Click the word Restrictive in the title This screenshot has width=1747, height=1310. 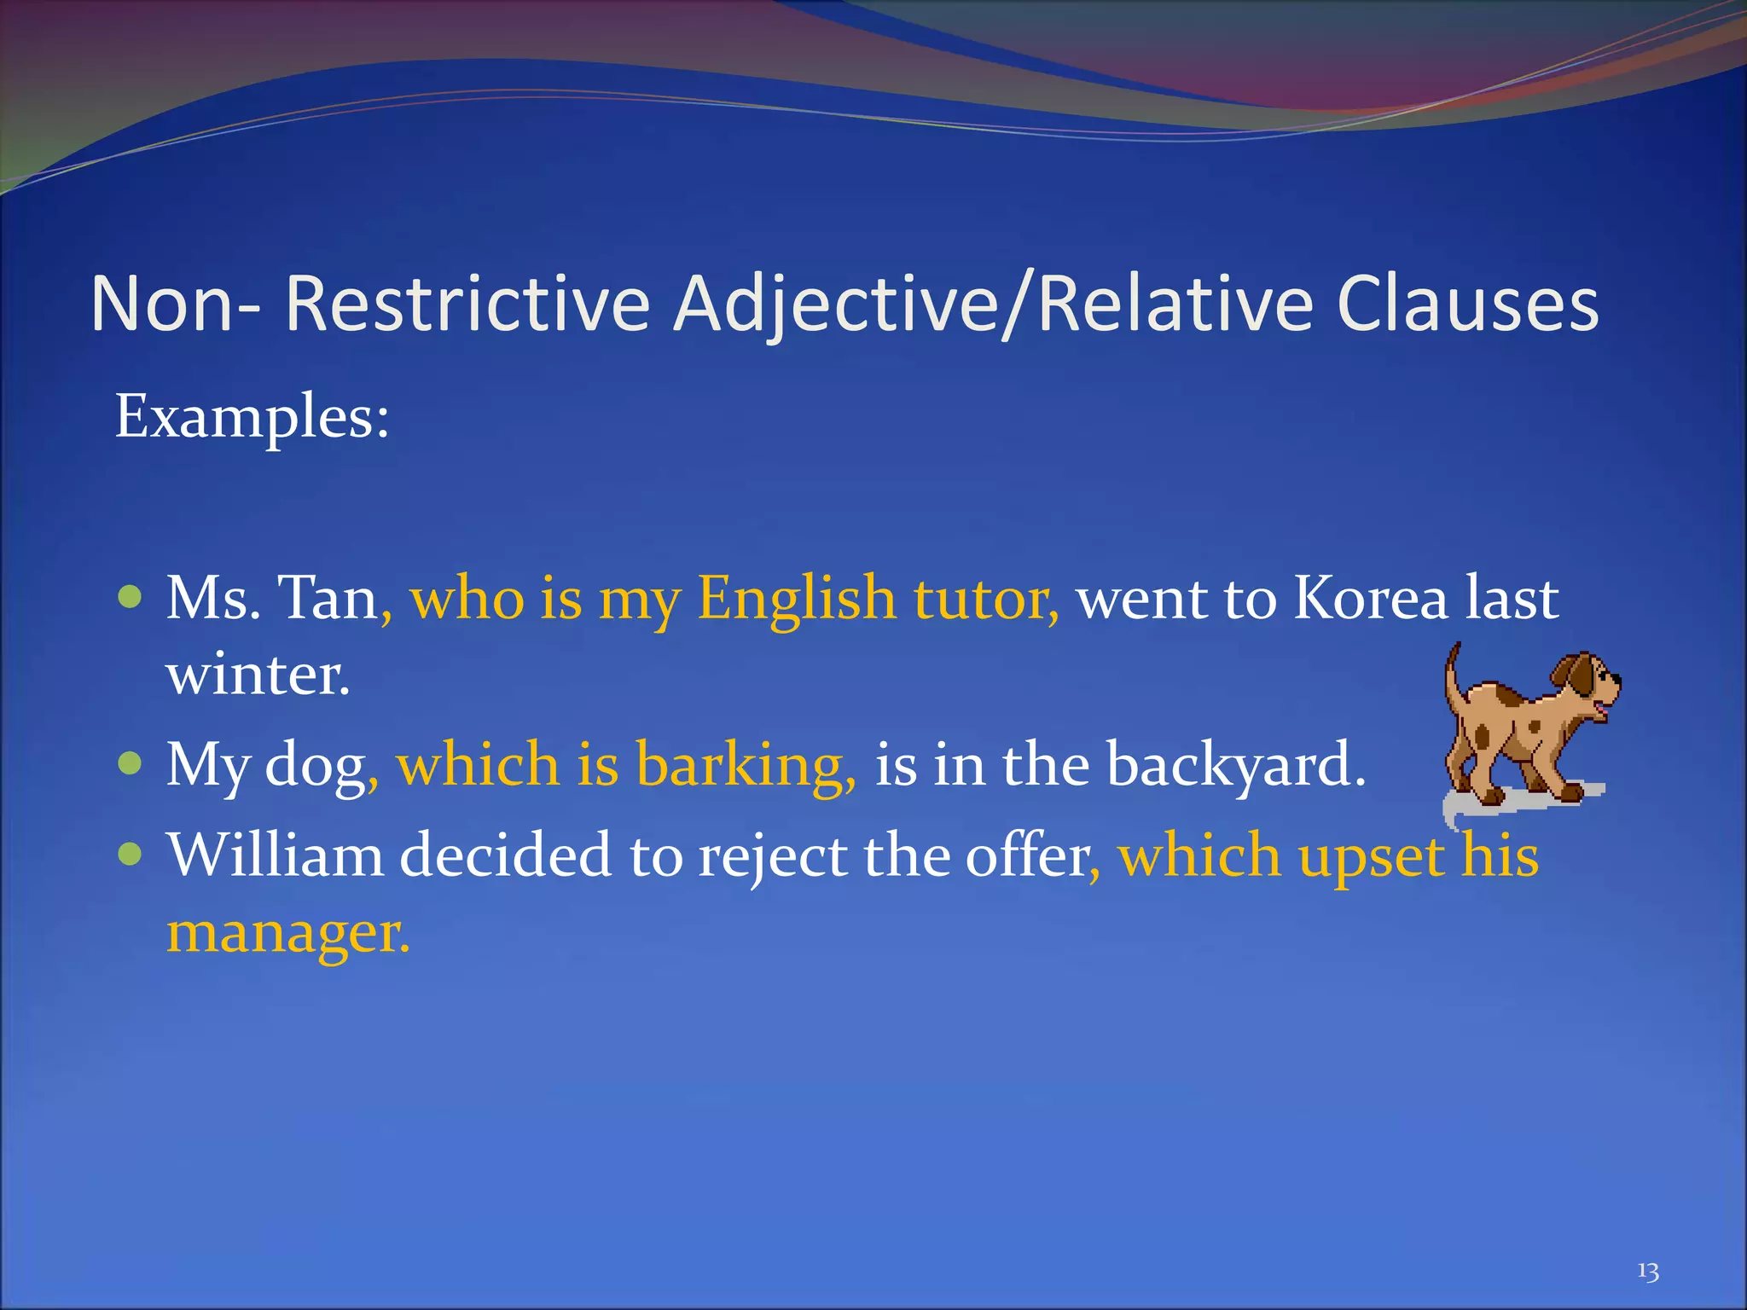click(467, 304)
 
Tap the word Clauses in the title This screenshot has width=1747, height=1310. click(1467, 304)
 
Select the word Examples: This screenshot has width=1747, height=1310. click(252, 417)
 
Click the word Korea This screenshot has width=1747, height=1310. click(1370, 598)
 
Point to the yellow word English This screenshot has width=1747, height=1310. click(796, 598)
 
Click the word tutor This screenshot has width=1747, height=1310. click(985, 598)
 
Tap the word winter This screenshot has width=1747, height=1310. click(258, 675)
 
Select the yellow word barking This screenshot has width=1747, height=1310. click(745, 764)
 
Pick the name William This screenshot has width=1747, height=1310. click(275, 855)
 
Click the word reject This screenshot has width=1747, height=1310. click(772, 855)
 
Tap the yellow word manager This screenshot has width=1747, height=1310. click(287, 932)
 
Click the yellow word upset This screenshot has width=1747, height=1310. click(1371, 855)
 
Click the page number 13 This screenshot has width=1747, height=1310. click(1647, 1272)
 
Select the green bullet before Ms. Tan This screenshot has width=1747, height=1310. click(130, 596)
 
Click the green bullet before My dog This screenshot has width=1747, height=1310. click(130, 762)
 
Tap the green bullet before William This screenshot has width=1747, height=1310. click(130, 854)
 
